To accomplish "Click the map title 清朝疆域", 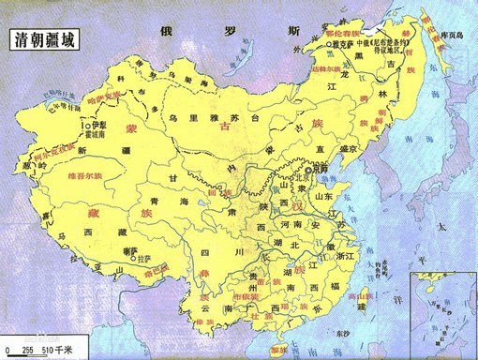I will pyautogui.click(x=44, y=40).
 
